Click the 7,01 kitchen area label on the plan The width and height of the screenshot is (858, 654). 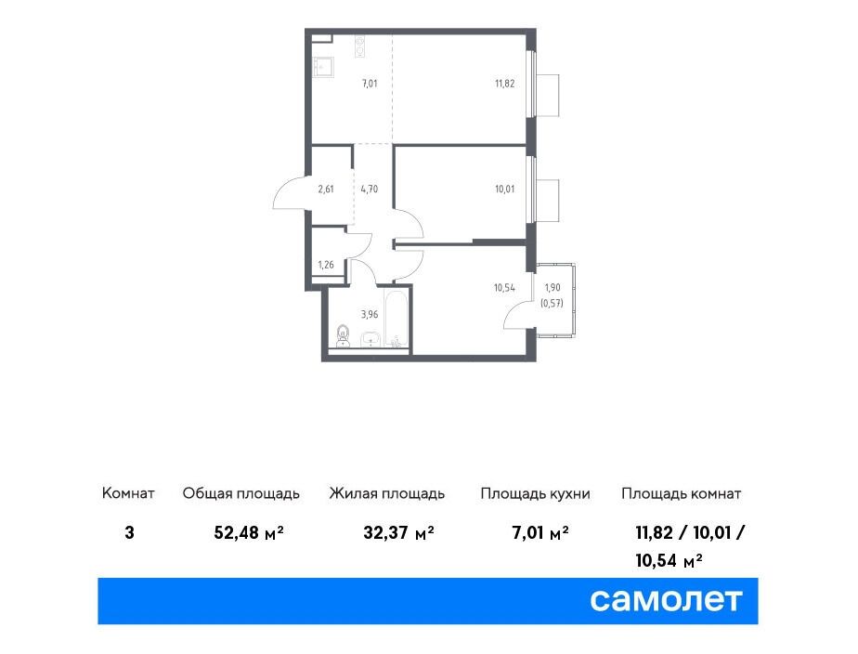pos(370,84)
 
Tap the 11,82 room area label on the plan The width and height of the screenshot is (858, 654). pos(504,84)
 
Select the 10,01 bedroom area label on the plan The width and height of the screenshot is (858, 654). pos(504,190)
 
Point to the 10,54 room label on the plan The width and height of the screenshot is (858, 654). pos(504,287)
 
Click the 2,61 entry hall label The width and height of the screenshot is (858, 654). pos(326,190)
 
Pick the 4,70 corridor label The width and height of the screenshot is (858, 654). pos(369,190)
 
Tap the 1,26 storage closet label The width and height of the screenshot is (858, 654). pos(326,265)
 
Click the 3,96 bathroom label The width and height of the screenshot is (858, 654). pos(370,314)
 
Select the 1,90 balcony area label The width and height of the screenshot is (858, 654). pos(552,287)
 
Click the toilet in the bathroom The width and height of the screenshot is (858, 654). pos(343,335)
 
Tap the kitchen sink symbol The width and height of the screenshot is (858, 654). pos(323,68)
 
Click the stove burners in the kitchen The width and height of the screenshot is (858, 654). pos(359,46)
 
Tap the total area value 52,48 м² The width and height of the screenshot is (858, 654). pos(249,532)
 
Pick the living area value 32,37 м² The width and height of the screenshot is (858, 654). pos(399,532)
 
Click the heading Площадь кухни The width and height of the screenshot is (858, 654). pos(535,493)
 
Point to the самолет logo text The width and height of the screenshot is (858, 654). pos(666,600)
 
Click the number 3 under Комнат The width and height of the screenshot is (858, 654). pos(129,532)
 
